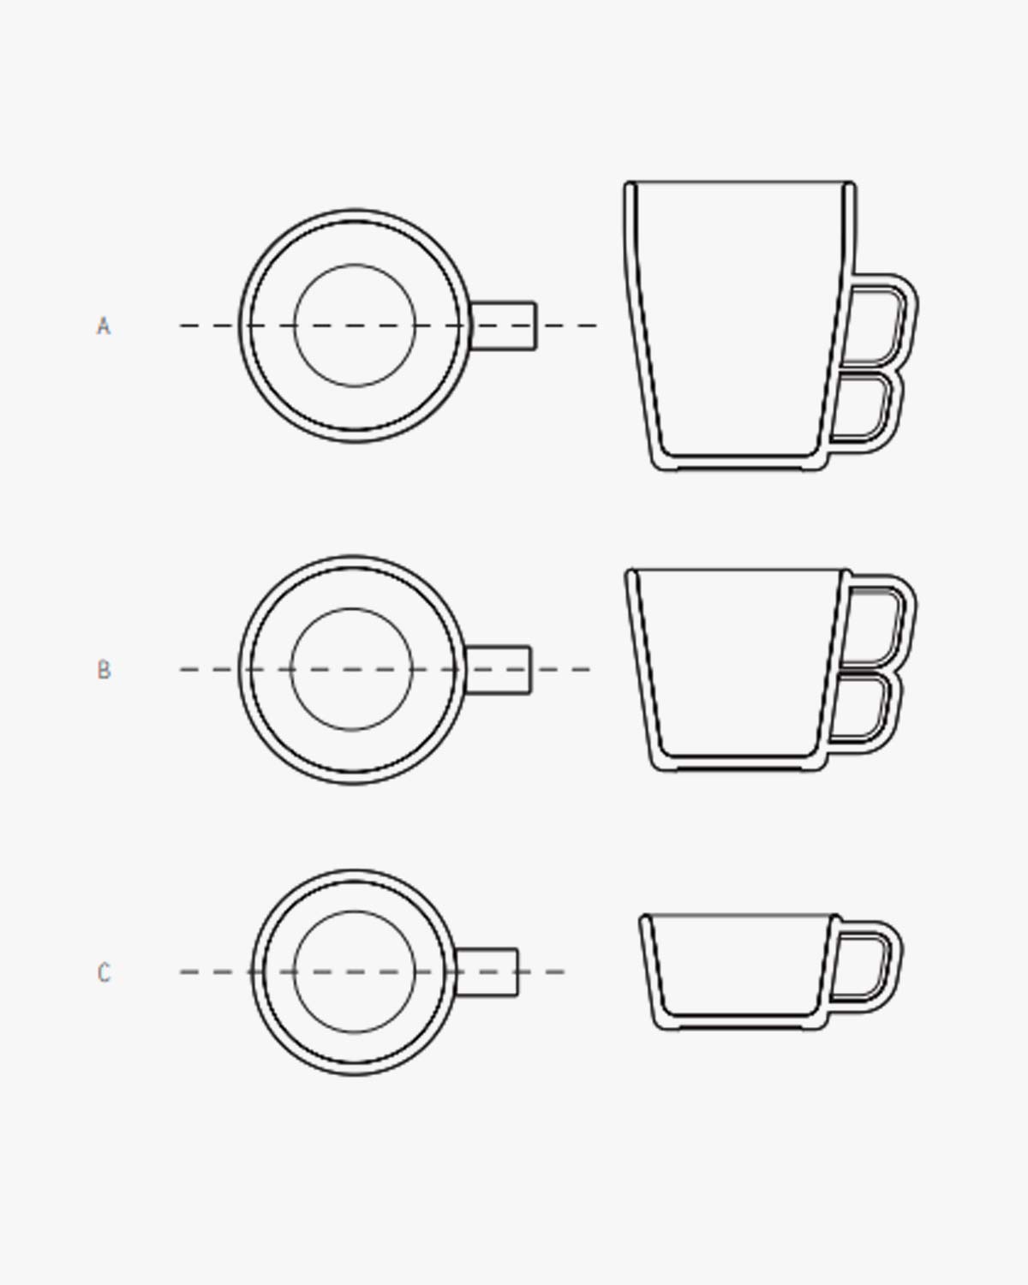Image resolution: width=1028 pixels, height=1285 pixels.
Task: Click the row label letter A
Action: (104, 326)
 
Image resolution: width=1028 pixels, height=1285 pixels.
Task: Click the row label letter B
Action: (104, 670)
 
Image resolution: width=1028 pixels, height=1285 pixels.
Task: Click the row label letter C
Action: (104, 973)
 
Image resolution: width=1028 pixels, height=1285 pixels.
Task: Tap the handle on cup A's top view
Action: (504, 326)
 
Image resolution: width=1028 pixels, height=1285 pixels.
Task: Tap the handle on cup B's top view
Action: (499, 669)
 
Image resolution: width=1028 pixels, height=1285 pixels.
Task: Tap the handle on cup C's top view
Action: (486, 972)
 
